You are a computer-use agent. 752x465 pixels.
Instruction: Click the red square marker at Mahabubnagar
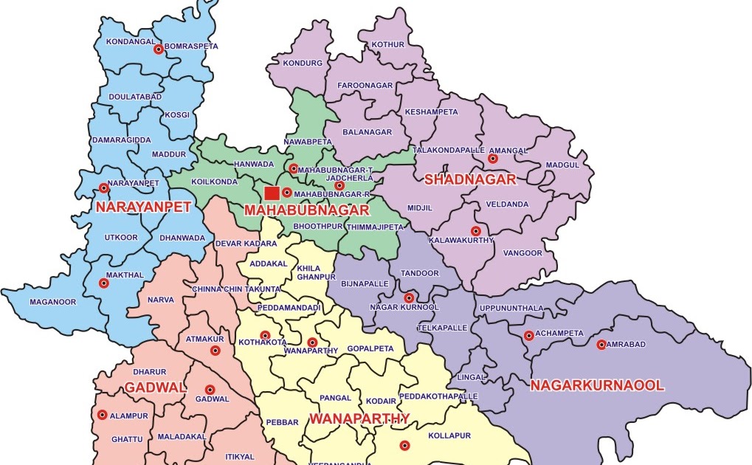click(272, 193)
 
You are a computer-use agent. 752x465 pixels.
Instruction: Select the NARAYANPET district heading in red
click(143, 207)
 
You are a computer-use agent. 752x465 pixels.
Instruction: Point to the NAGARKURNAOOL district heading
click(597, 385)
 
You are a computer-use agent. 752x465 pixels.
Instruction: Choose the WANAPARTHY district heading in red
click(359, 418)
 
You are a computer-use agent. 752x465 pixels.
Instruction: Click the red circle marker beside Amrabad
click(601, 345)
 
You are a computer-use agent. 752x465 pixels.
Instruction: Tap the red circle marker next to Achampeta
click(528, 336)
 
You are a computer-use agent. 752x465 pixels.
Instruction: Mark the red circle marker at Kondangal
click(158, 49)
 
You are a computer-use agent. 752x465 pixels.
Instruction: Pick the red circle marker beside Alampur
click(102, 415)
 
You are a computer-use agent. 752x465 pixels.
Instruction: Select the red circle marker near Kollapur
click(404, 445)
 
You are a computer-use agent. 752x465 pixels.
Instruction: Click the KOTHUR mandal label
click(387, 44)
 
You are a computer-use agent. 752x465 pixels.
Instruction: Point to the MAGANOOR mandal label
click(52, 302)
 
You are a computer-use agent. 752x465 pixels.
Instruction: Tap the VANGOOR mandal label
click(522, 253)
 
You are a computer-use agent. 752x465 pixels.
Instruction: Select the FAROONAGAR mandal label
click(365, 86)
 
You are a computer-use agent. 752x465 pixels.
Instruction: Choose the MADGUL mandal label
click(562, 165)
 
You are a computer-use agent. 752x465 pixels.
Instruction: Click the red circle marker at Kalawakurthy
click(476, 231)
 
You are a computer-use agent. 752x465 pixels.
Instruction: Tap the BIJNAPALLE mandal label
click(365, 283)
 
